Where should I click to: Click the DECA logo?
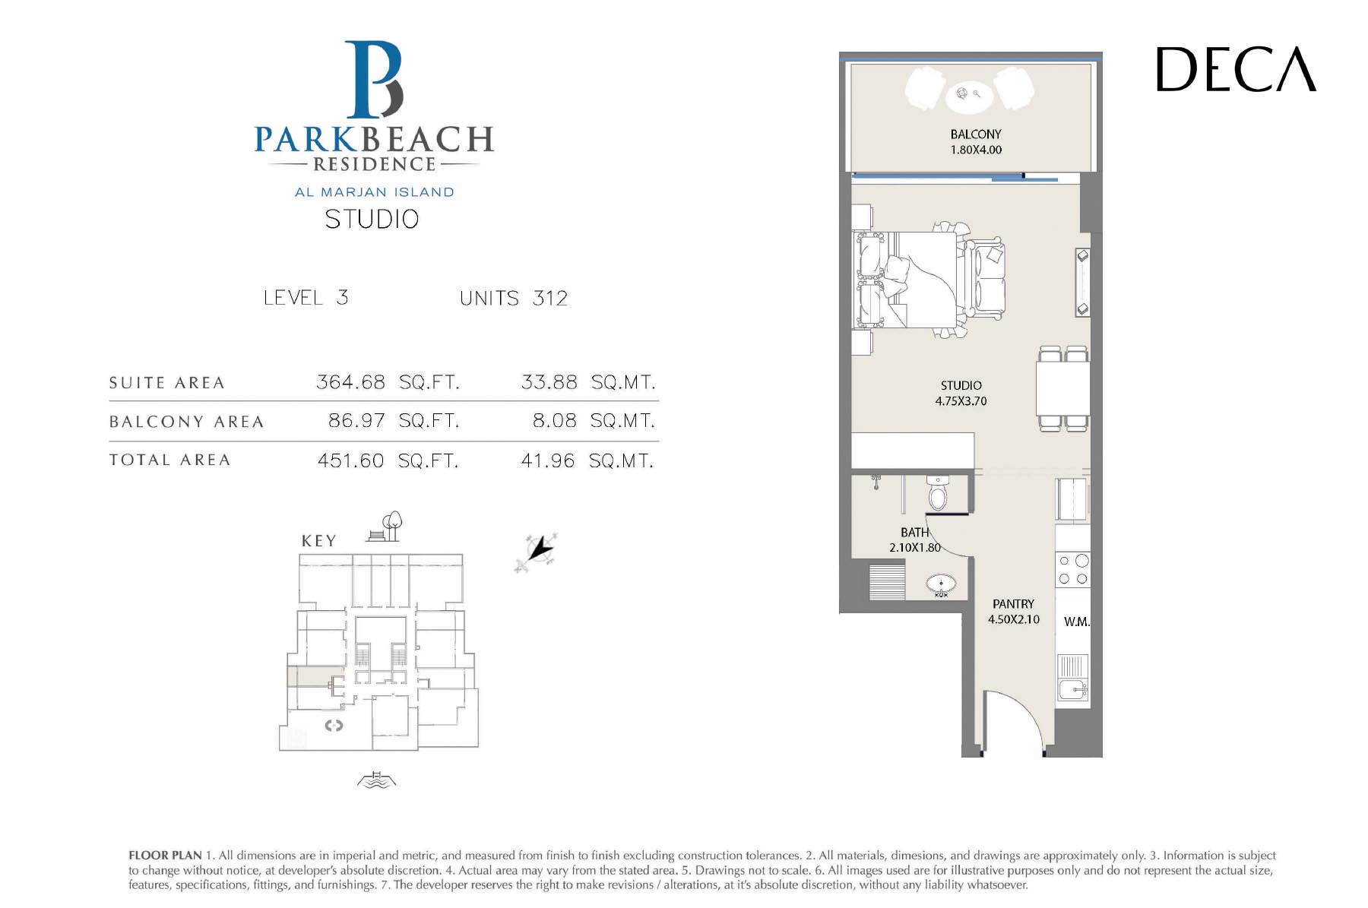(1236, 69)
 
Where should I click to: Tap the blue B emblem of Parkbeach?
(374, 80)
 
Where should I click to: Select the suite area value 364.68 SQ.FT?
(388, 381)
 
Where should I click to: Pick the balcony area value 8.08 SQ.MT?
(594, 420)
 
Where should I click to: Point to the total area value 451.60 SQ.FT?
(388, 460)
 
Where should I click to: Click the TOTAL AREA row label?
(169, 460)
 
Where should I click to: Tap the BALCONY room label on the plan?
(976, 134)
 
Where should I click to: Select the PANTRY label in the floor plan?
(1013, 604)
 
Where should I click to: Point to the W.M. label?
(1076, 622)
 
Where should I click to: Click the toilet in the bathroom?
(938, 493)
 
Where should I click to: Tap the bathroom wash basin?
(941, 584)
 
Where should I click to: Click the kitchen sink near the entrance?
(1073, 690)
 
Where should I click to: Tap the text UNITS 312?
(514, 298)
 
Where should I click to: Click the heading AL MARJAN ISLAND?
(375, 192)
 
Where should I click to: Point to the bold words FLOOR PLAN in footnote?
(165, 856)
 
